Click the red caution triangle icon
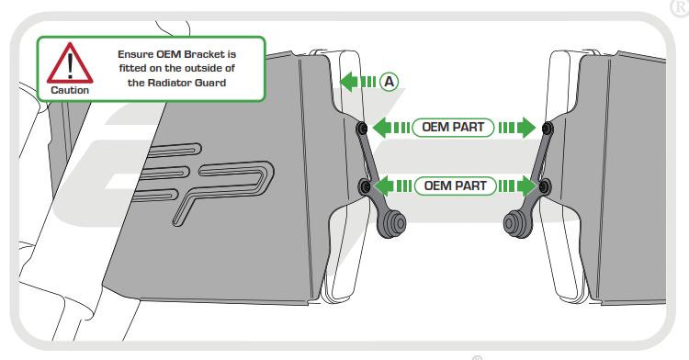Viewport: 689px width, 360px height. pos(70,63)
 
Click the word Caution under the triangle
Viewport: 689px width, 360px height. pos(70,90)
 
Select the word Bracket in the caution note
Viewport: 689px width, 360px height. pos(204,54)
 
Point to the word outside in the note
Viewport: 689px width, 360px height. pos(203,68)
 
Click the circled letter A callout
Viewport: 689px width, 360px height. pos(389,82)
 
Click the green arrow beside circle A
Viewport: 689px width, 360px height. pos(357,82)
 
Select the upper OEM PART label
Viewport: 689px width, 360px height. pos(453,128)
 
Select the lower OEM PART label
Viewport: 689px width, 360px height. pos(456,186)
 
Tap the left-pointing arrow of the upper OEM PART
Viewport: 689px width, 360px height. pos(391,128)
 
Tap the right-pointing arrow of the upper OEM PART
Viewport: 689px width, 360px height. pos(516,128)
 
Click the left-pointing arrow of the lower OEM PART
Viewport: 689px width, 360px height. pos(393,186)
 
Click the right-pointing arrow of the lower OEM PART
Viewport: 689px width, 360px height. pos(517,186)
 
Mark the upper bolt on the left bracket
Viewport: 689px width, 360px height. pos(362,129)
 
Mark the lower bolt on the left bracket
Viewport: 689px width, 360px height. pos(365,187)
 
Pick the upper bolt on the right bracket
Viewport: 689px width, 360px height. pos(548,129)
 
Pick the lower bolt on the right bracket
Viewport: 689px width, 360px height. pos(544,187)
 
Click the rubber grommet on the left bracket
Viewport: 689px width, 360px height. pos(392,224)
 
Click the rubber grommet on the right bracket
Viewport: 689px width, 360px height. pos(517,224)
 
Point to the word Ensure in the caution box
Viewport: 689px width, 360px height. pos(135,54)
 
